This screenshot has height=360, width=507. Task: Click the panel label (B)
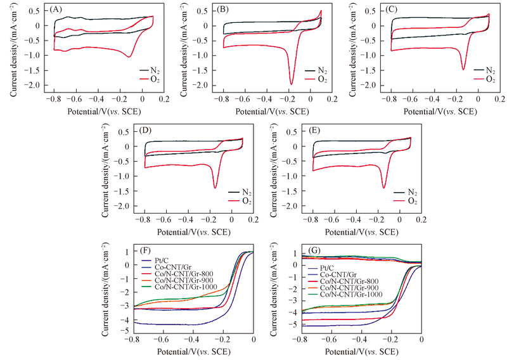tap(223, 10)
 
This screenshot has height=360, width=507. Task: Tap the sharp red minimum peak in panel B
tap(292, 84)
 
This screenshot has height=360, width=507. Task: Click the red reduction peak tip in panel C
tap(463, 69)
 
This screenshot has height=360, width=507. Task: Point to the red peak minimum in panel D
tap(215, 188)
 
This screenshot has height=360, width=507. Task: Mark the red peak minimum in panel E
tap(383, 188)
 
